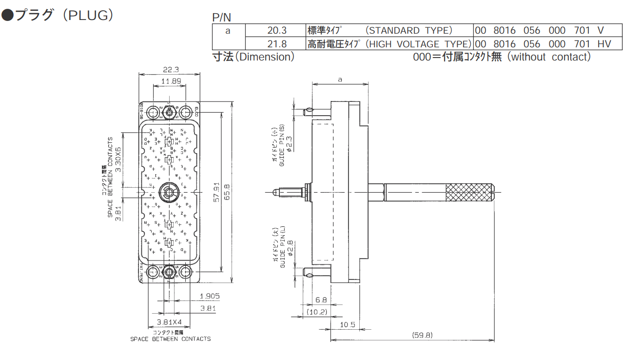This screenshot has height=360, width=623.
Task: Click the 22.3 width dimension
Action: (169, 69)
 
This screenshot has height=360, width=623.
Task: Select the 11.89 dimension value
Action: (169, 81)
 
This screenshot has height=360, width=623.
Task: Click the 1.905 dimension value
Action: (210, 296)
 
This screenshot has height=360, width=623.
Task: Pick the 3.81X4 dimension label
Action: (169, 322)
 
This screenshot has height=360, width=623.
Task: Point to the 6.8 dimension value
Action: (321, 300)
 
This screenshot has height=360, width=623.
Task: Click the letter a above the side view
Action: (340, 79)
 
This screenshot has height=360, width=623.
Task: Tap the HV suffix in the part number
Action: (604, 44)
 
